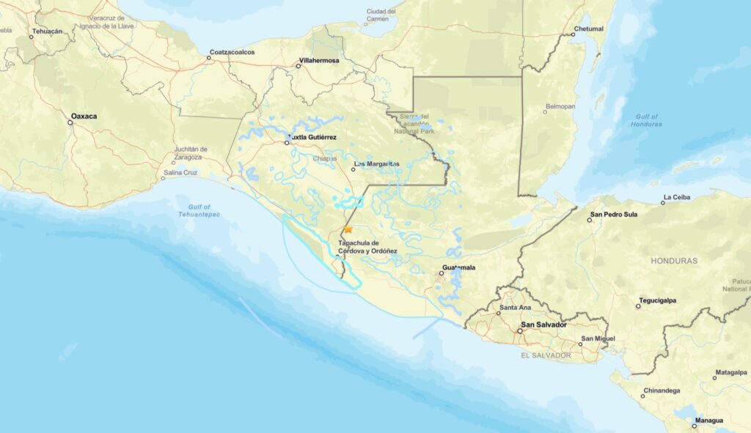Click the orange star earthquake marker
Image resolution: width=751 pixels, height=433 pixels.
point(348,229)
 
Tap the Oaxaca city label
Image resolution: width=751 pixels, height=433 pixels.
point(84,116)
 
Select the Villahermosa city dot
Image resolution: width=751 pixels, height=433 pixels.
point(298,66)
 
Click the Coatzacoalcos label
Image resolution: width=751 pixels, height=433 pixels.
point(231,52)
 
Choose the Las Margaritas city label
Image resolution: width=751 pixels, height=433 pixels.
point(376,163)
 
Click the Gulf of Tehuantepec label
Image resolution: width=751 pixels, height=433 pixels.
point(199,211)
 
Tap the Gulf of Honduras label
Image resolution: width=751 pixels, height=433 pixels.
point(645,120)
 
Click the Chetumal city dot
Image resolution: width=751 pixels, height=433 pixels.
point(574,34)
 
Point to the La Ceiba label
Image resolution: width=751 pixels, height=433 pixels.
point(676,197)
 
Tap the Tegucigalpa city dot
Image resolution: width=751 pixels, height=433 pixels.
point(638,306)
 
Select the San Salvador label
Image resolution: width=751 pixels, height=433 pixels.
point(543,324)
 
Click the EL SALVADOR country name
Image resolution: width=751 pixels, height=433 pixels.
point(546,355)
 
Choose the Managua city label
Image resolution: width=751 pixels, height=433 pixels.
point(710,420)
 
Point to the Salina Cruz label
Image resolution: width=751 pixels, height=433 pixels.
point(180,172)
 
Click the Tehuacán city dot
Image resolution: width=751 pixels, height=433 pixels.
point(32,37)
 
